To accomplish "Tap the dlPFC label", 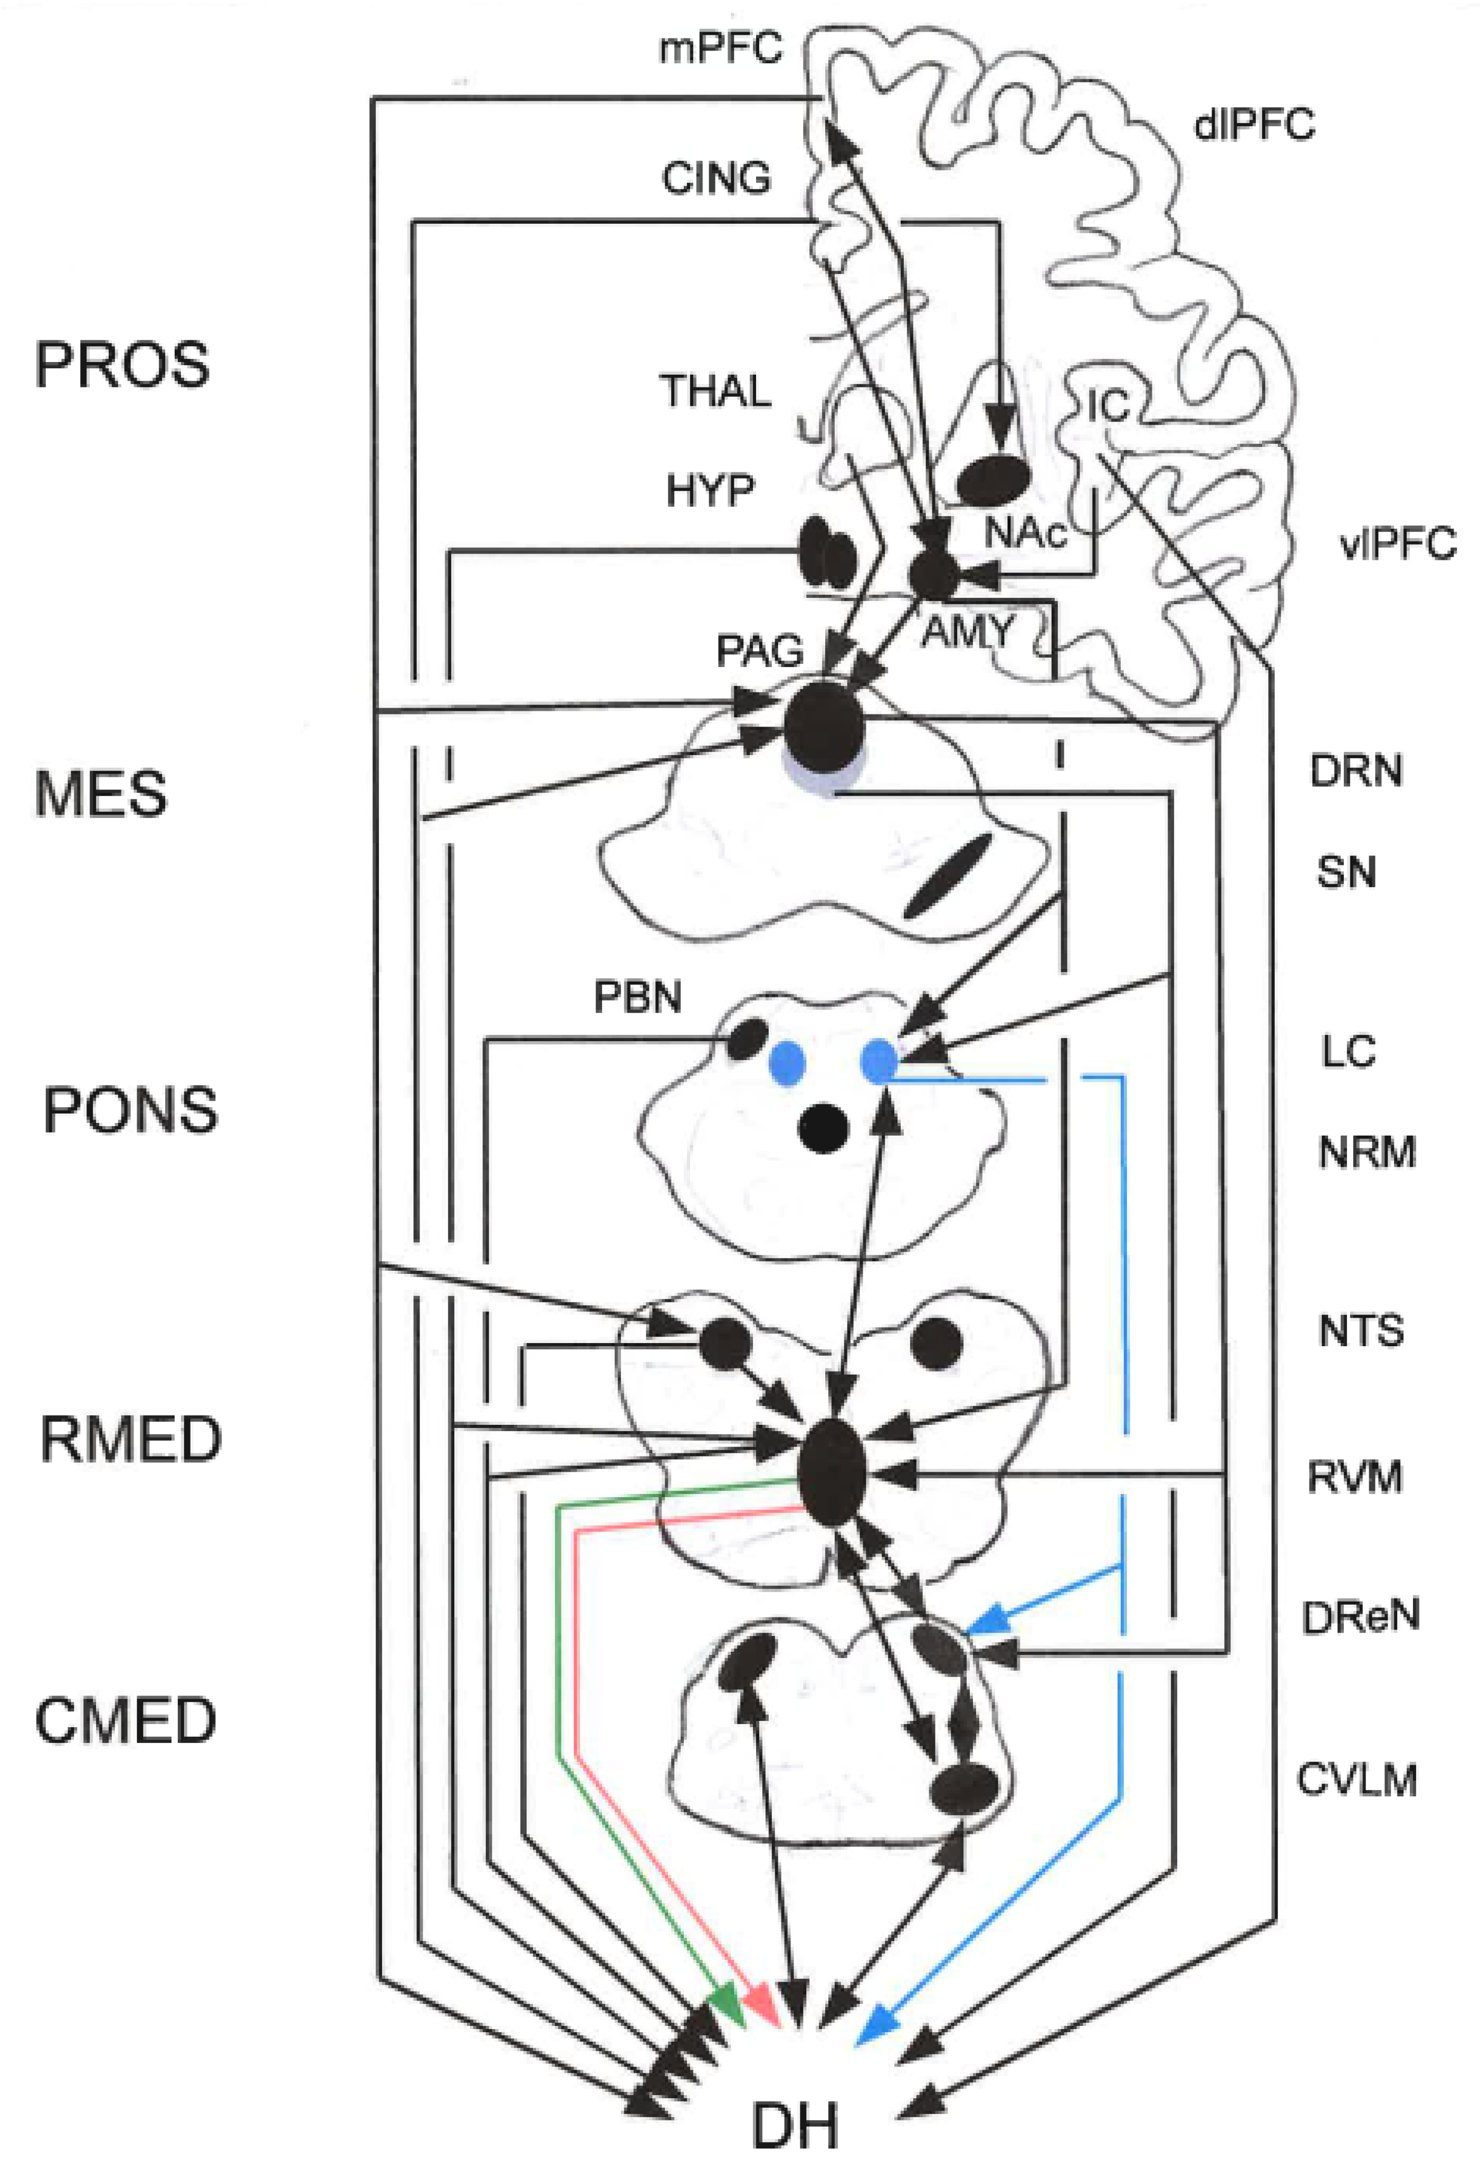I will (x=1254, y=124).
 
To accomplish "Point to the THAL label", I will (x=715, y=391).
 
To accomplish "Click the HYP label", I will (x=710, y=490).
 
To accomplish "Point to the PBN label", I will (x=638, y=998).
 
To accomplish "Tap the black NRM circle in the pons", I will (x=823, y=1128).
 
